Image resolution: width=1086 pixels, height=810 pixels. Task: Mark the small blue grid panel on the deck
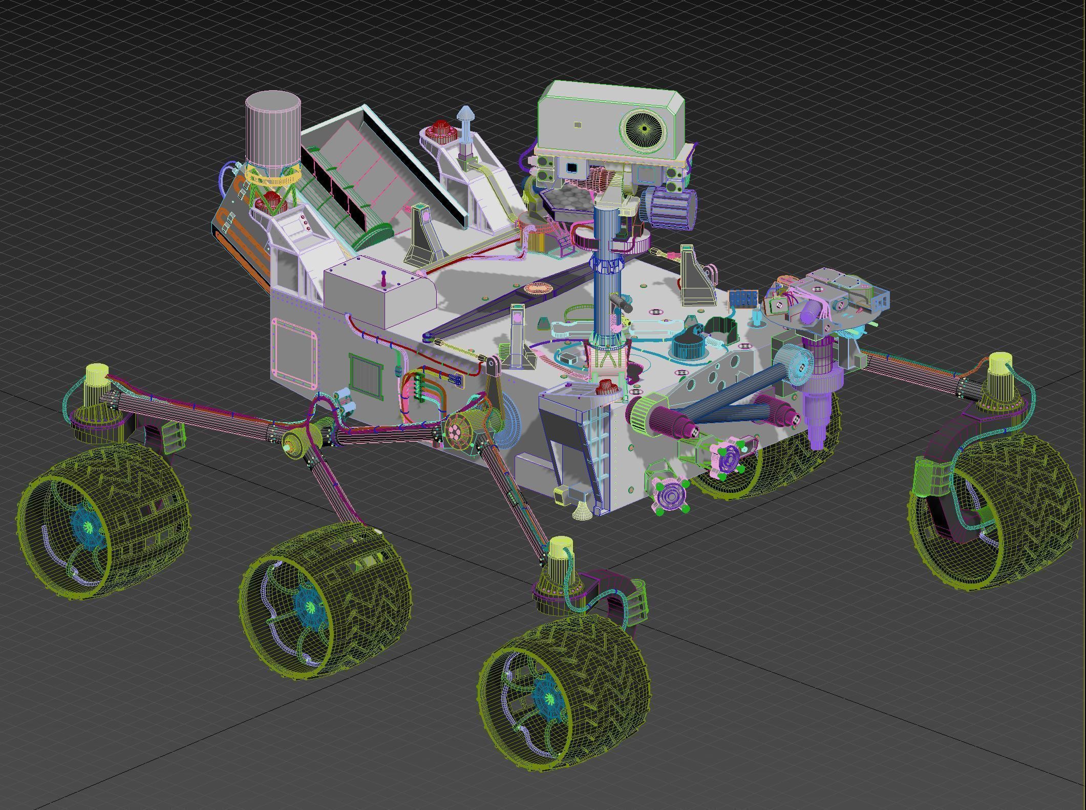click(743, 299)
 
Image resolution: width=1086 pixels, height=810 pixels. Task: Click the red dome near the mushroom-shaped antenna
click(440, 130)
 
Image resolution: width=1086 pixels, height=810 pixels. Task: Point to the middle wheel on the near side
click(323, 599)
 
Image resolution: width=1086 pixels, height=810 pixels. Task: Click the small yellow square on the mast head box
click(578, 124)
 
